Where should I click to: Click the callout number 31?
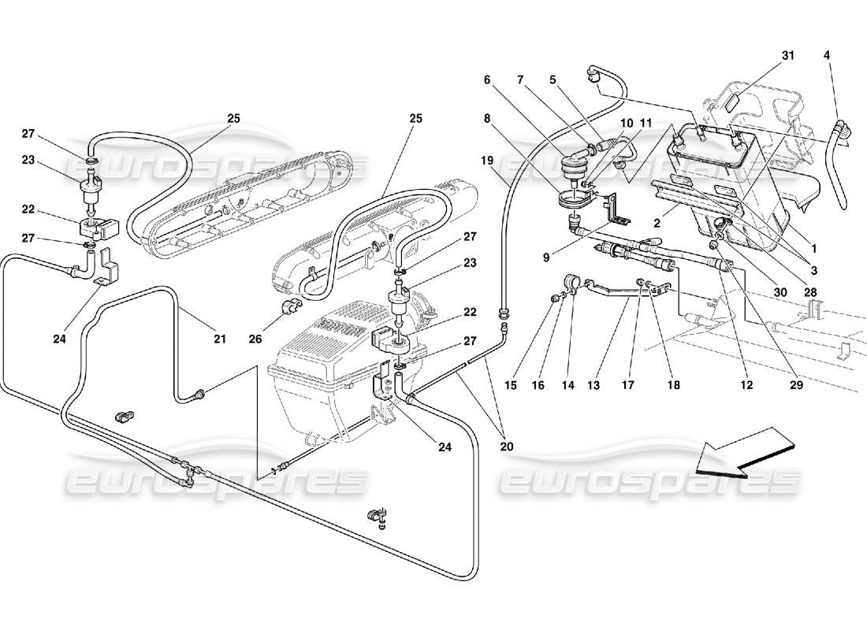788,56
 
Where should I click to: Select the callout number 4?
826,56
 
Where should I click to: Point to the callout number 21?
219,339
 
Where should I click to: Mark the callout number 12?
746,386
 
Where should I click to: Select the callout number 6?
487,80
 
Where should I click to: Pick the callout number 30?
780,291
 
